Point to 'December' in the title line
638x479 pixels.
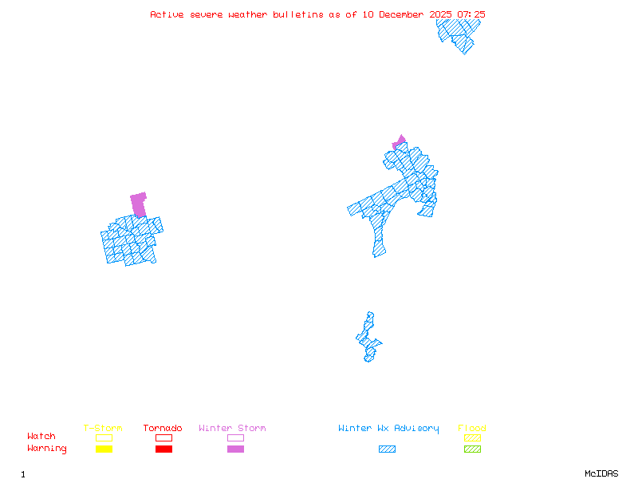[404, 14]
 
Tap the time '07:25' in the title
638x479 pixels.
[469, 14]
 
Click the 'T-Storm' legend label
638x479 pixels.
[103, 429]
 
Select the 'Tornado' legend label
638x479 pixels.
[163, 429]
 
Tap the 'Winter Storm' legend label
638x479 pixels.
[232, 429]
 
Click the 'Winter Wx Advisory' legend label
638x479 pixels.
[388, 429]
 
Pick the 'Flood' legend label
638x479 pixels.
[472, 429]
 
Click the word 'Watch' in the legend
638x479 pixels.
[41, 437]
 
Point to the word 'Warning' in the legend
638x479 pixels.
[47, 449]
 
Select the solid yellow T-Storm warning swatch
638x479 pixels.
[104, 449]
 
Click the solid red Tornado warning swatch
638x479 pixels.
[163, 449]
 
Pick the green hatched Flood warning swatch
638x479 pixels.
[472, 449]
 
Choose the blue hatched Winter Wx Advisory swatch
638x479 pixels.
[387, 449]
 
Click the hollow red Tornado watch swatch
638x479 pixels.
[163, 437]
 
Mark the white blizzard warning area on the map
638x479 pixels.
[371, 307]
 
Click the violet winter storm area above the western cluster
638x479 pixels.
[139, 204]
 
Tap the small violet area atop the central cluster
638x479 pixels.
[400, 141]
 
